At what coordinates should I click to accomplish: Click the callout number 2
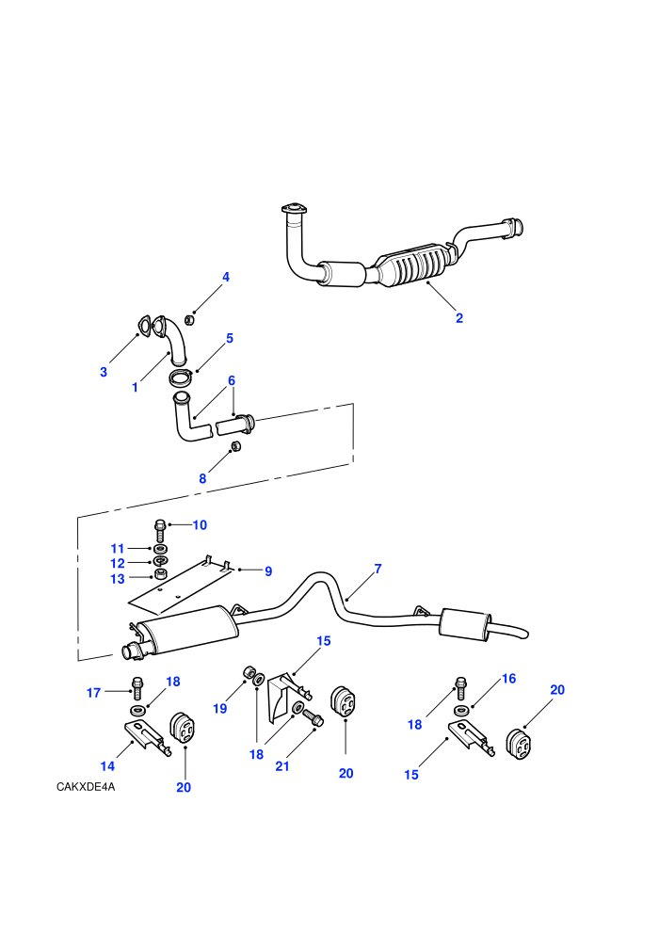coord(459,318)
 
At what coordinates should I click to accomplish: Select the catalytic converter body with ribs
coord(411,265)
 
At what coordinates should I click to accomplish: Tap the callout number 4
coord(226,277)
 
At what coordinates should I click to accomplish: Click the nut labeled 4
coord(189,320)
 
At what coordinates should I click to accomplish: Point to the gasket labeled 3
coord(142,327)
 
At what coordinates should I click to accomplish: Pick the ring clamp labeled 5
coord(180,377)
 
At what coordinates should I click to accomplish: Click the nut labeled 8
coord(235,445)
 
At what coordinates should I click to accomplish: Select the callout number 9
coord(268,571)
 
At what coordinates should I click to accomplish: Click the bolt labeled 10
coord(159,530)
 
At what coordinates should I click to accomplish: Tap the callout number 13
coord(118,579)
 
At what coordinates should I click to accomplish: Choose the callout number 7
coord(378,569)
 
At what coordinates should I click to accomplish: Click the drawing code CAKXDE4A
coord(86,787)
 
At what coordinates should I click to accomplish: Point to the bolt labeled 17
coord(137,688)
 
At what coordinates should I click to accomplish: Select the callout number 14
coord(107,766)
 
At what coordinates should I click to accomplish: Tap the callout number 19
coord(220,709)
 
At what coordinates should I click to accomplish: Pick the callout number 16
coord(509,678)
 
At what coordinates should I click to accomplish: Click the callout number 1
coord(135,388)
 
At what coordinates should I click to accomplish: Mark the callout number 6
coord(232,380)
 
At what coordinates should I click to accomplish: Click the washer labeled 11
coord(160,548)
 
